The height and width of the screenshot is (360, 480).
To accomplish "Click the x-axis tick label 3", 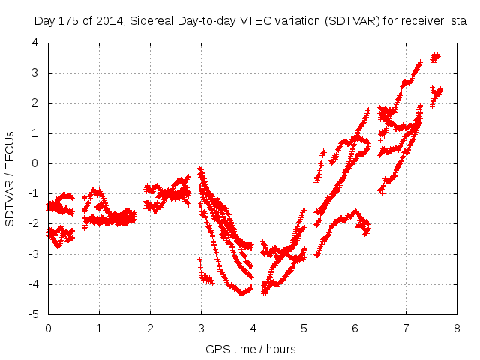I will (x=201, y=328).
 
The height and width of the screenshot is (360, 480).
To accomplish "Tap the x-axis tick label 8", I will (x=457, y=328).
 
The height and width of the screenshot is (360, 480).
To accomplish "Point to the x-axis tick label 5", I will (x=304, y=328).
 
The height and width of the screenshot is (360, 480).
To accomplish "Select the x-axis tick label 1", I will (x=99, y=328).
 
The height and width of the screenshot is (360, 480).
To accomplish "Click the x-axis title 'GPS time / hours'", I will (x=251, y=349).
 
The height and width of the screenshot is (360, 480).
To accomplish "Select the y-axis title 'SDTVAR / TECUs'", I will (x=10, y=178).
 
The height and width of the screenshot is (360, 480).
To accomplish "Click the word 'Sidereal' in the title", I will (x=150, y=22).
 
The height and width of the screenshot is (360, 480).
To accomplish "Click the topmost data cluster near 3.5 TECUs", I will (x=435, y=57).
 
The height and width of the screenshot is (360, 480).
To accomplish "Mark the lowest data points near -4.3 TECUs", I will (x=242, y=292).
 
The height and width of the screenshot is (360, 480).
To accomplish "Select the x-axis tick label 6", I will (x=355, y=328).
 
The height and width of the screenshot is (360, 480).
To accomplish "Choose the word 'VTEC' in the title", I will (x=246, y=22).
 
